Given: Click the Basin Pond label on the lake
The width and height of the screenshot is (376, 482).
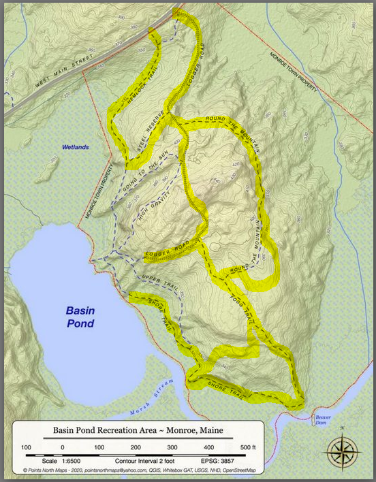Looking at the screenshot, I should click(x=80, y=317).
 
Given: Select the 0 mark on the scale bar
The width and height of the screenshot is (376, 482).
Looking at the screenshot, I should click(x=63, y=447).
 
